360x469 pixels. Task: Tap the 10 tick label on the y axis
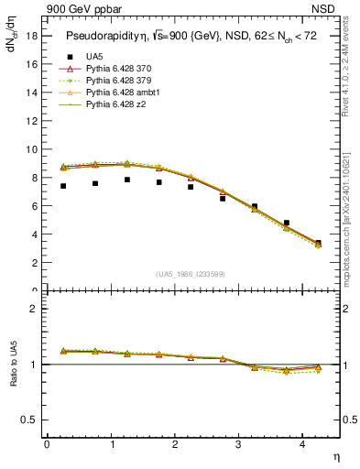(x=31, y=148)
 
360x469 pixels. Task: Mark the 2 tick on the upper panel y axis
(x=34, y=262)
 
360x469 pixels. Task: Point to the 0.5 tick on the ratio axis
(x=28, y=420)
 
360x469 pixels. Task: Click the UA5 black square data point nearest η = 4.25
(x=318, y=243)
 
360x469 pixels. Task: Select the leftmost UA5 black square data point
(x=63, y=186)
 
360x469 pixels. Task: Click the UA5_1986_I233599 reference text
(x=192, y=274)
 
